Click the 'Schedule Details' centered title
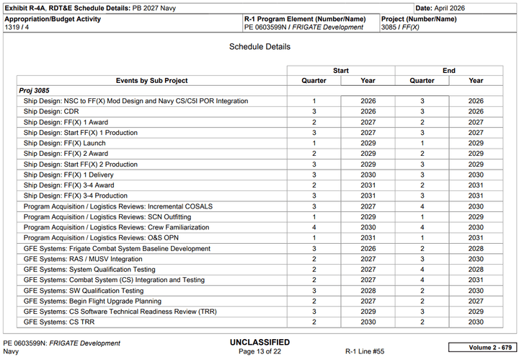[x=259, y=47]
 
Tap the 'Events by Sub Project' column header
[x=151, y=81]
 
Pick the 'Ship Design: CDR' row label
[x=51, y=112]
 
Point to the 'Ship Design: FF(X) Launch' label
[x=65, y=144]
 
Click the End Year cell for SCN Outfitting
[x=476, y=217]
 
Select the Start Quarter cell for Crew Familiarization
[x=314, y=227]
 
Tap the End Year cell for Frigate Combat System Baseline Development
[x=476, y=249]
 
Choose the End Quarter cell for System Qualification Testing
[x=422, y=270]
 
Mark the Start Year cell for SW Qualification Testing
[x=368, y=291]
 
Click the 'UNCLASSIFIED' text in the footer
[x=259, y=342]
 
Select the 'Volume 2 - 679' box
[x=481, y=347]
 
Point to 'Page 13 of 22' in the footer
[x=259, y=351]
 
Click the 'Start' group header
[x=341, y=71]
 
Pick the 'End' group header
[x=449, y=71]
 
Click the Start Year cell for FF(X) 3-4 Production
[x=368, y=196]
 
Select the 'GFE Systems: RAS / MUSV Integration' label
[x=83, y=259]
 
